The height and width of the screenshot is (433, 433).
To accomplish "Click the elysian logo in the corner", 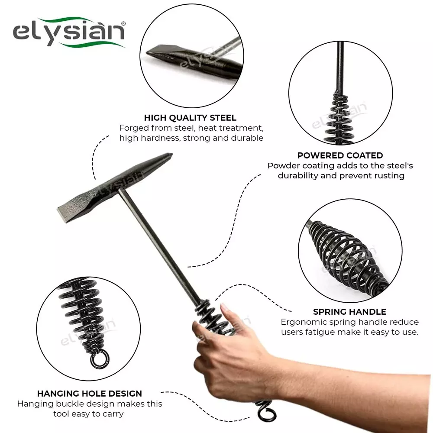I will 69,33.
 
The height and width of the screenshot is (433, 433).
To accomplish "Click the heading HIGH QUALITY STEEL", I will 190,118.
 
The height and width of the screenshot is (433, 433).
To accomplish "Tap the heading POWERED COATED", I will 340,155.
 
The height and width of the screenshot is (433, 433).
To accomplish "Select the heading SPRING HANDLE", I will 349,312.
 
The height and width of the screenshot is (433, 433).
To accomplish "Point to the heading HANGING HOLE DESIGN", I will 90,394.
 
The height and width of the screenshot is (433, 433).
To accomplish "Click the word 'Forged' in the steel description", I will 132,128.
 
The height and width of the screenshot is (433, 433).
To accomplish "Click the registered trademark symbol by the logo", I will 123,23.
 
